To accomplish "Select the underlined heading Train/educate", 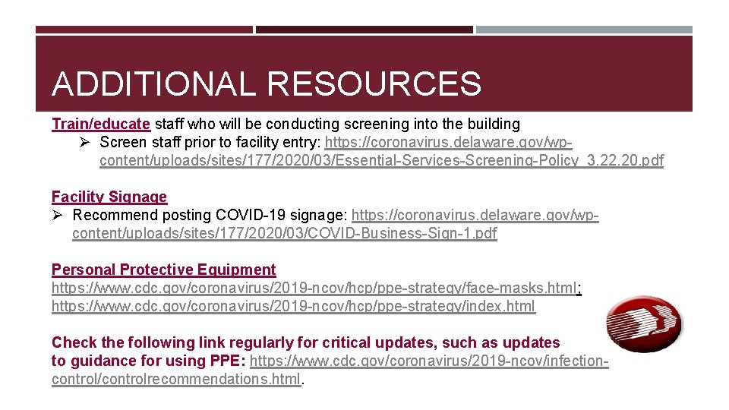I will tap(101, 124).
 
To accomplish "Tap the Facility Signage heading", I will tap(109, 197).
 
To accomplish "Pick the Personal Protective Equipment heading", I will tap(163, 270).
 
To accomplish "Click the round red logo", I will tap(643, 325).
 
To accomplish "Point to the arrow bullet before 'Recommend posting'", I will tap(58, 215).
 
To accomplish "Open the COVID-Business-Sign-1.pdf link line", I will tap(284, 233).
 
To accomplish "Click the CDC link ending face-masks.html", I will tap(314, 289).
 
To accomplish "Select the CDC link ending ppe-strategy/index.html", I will tap(293, 307).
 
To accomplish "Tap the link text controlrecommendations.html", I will tap(176, 379).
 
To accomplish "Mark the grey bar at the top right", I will tap(584, 30).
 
